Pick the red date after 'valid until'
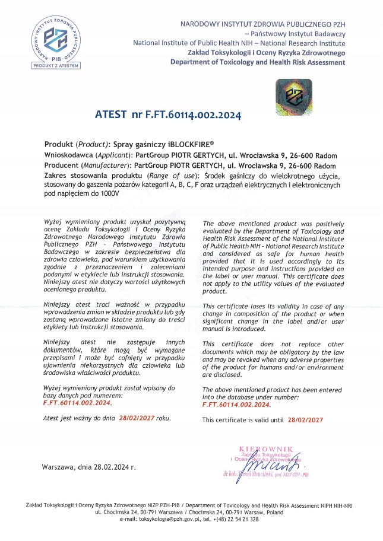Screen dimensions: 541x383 [305, 419]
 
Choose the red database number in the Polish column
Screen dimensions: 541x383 [77, 402]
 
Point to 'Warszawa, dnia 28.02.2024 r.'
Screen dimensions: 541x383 [89, 467]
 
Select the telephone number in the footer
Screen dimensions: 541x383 [236, 519]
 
